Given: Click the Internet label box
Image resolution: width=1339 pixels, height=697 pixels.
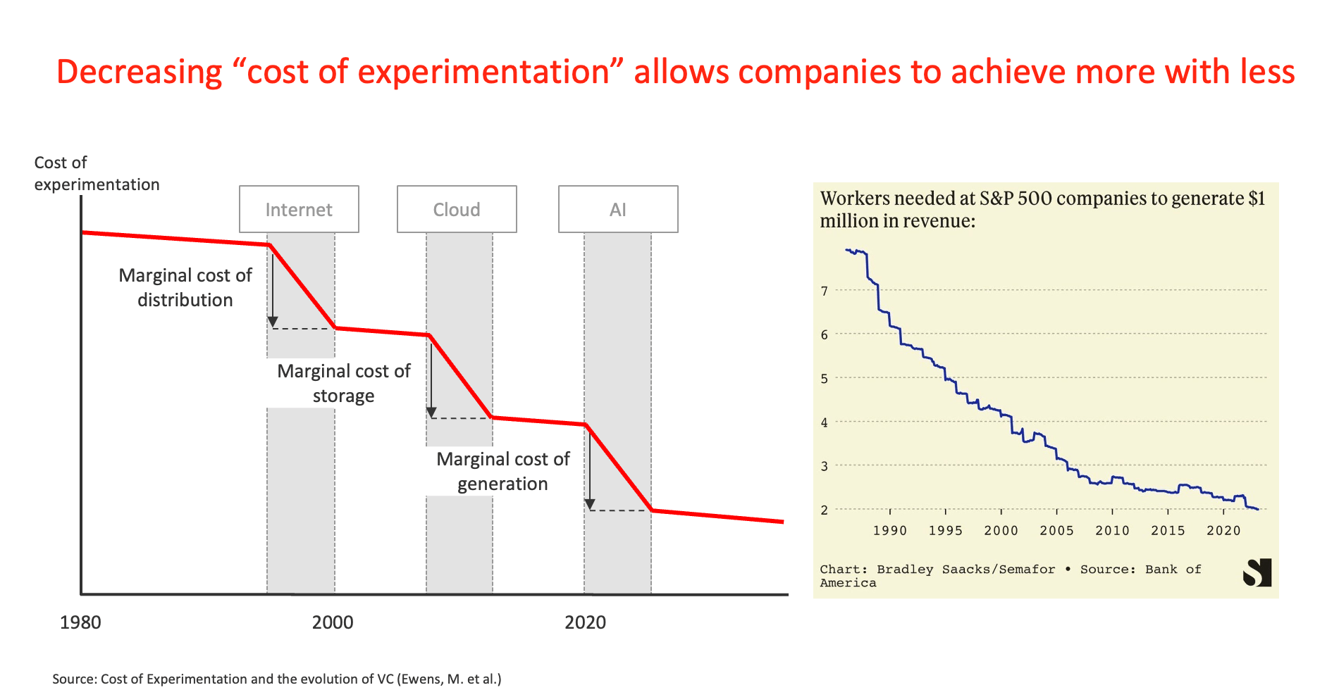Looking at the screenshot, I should pos(299,209).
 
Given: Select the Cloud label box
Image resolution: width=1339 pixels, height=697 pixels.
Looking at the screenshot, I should pos(457,209).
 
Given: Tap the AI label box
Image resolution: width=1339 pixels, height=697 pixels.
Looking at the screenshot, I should pos(618,209).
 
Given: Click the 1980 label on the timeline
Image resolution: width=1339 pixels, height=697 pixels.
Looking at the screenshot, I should pos(80,622).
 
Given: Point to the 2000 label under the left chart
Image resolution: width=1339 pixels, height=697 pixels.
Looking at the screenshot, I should pos(333,622).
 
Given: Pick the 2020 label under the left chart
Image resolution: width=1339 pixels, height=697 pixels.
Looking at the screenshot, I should pos(585,622).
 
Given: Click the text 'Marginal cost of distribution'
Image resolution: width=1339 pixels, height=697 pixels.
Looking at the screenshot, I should pos(185,287).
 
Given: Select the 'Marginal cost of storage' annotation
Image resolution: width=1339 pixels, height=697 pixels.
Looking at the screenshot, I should pos(343,383).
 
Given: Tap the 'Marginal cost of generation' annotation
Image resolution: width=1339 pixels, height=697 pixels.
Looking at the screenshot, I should pos(502,471).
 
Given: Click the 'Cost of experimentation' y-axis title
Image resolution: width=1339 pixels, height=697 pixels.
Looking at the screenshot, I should pos(97,173).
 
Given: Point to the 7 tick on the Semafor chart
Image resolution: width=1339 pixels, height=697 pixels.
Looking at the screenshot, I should pos(824,291).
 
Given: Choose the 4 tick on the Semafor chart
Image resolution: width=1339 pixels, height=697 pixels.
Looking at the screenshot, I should pos(824,422).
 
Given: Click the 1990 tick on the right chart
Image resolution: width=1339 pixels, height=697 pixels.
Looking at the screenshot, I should pos(890,530).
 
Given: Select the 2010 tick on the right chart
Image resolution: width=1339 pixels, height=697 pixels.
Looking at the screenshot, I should pos(1112,530).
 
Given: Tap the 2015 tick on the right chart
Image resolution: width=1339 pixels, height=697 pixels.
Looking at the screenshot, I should pos(1168,530).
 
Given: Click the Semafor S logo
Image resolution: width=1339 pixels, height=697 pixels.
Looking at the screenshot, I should pos(1257,572).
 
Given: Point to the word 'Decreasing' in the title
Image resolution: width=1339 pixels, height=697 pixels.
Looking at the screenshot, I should pos(139,72).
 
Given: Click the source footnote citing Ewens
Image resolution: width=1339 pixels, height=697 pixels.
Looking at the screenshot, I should pos(276,679).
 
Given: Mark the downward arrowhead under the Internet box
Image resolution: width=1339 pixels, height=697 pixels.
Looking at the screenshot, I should pos(273,322).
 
